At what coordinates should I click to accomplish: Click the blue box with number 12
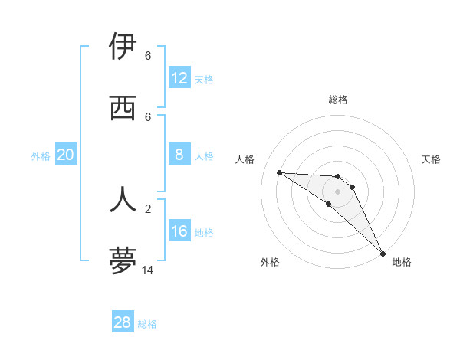(179, 78)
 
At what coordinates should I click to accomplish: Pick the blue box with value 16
(179, 231)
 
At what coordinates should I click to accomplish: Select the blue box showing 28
(123, 322)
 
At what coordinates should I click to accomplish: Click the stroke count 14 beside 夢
(147, 270)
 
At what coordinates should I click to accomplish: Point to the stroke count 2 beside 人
(147, 208)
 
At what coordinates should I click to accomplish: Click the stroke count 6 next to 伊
(147, 56)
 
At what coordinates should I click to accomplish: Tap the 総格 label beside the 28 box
(147, 324)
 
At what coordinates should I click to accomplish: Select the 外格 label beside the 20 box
(41, 156)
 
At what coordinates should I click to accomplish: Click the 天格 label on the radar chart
(432, 159)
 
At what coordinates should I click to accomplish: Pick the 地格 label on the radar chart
(402, 262)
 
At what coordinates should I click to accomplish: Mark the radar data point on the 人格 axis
(279, 172)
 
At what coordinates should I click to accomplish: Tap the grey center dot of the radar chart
(337, 191)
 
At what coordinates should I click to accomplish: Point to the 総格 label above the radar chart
(338, 100)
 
